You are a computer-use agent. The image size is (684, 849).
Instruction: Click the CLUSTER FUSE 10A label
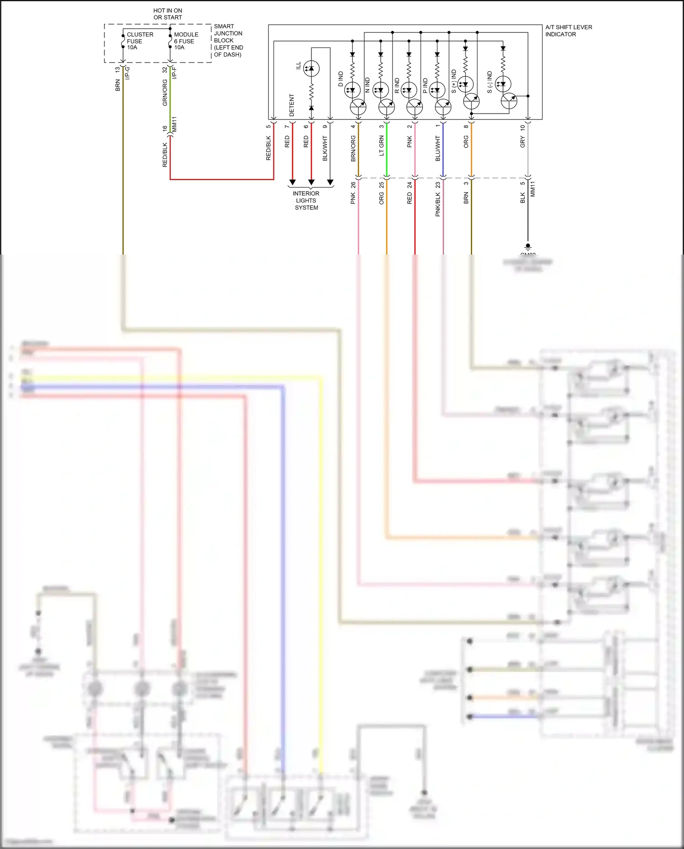[x=140, y=41]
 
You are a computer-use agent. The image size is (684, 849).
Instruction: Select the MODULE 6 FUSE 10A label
[x=186, y=41]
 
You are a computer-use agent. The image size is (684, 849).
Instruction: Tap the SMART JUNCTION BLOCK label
[x=228, y=41]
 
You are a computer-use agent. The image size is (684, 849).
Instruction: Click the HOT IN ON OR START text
[x=168, y=14]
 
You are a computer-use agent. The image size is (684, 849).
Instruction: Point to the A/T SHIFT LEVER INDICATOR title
[x=568, y=31]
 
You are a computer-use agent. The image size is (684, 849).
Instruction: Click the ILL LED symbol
[x=311, y=68]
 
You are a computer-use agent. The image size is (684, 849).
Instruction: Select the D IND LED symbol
[x=352, y=90]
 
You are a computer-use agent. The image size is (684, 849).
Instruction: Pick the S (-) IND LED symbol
[x=503, y=84]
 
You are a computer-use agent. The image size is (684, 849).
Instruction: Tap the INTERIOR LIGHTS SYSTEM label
[x=306, y=200]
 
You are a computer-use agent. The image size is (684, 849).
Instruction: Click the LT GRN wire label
[x=382, y=146]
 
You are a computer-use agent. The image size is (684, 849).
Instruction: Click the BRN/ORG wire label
[x=353, y=148]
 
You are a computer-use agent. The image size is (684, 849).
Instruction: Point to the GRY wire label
[x=523, y=142]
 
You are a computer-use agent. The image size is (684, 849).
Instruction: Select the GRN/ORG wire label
[x=165, y=93]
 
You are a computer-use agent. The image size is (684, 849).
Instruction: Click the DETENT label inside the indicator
[x=292, y=105]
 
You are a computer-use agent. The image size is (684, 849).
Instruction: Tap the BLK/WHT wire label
[x=325, y=148]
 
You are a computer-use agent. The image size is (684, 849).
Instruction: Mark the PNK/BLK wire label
[x=438, y=204]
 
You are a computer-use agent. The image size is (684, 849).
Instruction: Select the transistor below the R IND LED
[x=415, y=108]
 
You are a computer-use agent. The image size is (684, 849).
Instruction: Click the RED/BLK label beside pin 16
[x=165, y=155]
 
